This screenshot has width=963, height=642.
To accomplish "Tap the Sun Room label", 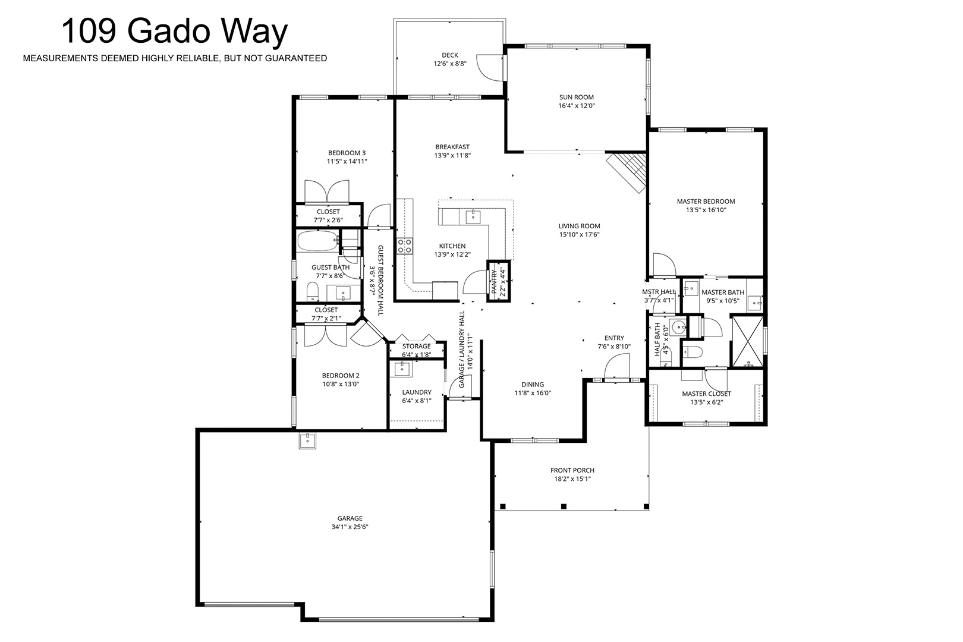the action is click(x=576, y=97).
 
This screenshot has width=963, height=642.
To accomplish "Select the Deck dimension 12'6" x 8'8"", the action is click(x=449, y=64).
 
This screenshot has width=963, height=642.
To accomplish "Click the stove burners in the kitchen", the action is click(x=404, y=246).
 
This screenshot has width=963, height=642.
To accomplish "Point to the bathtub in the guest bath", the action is click(x=317, y=242).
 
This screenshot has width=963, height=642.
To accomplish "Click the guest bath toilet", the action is click(x=313, y=292).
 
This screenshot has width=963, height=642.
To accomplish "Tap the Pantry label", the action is click(x=494, y=282).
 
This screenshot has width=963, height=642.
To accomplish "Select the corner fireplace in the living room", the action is click(x=627, y=172).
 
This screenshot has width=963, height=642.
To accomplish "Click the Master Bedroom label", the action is click(x=706, y=202).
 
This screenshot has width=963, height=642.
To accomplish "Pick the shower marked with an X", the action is click(x=748, y=342).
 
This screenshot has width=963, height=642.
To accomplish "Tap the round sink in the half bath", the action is click(x=679, y=328).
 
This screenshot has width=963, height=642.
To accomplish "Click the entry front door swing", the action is click(x=617, y=367).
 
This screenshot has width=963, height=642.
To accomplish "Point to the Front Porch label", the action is click(x=572, y=470).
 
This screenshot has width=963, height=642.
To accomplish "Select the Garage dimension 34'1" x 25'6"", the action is click(x=350, y=527).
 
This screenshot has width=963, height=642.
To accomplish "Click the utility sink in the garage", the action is click(x=307, y=440).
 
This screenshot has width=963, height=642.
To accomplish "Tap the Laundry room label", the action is click(x=417, y=392).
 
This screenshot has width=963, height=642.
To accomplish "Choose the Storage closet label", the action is click(x=416, y=346).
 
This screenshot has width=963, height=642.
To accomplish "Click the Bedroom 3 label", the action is click(x=347, y=153).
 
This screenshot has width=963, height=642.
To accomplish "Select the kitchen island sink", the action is click(x=473, y=216).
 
